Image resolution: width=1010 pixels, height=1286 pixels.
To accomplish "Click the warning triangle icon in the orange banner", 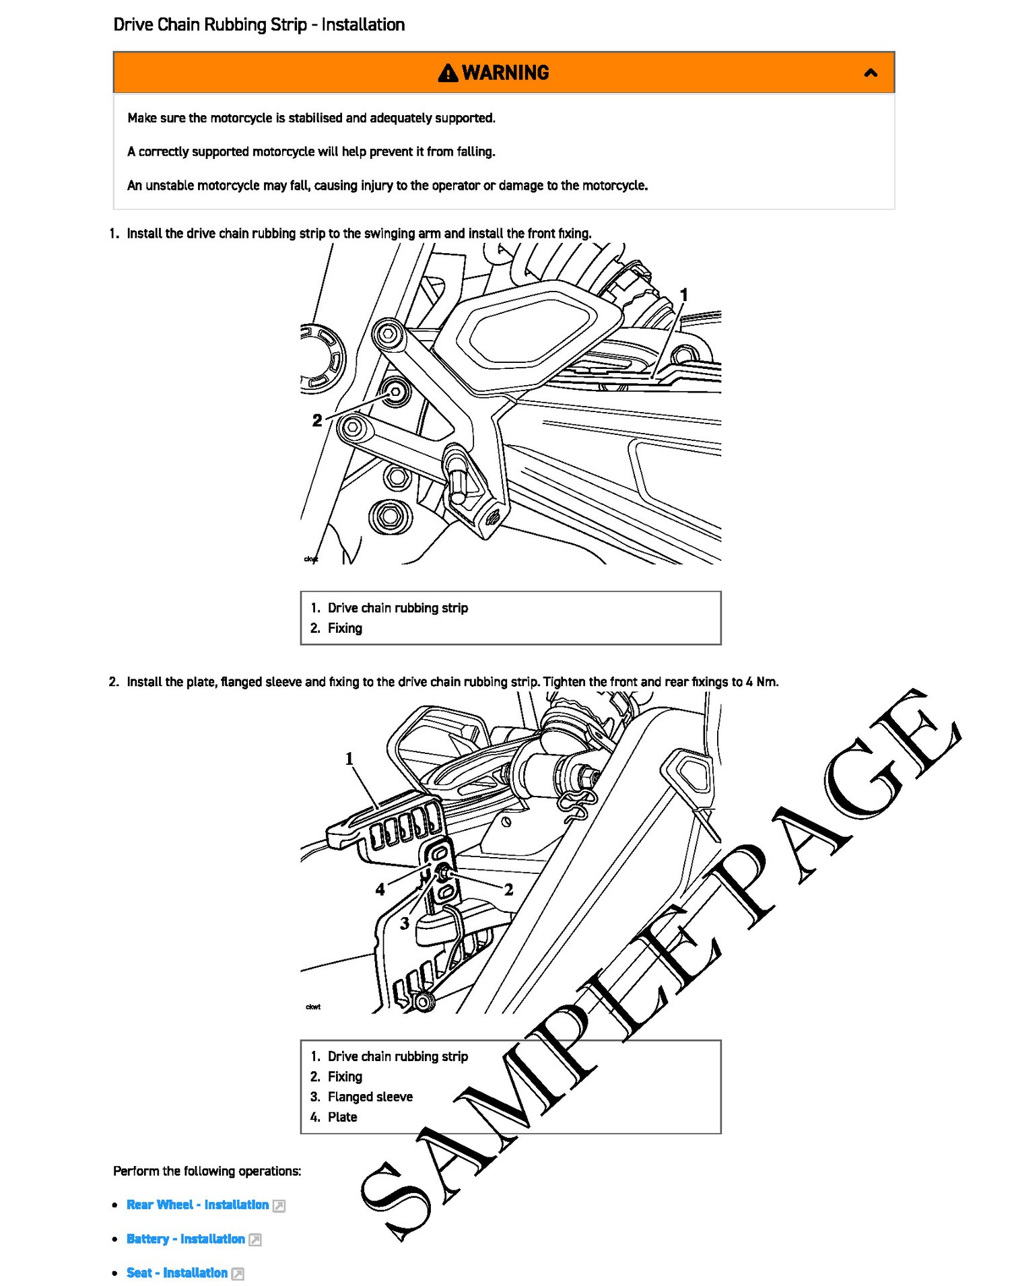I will [x=447, y=73].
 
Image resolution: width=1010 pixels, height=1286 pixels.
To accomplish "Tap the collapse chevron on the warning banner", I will [x=871, y=73].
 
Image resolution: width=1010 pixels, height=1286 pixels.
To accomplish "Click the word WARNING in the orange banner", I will [x=506, y=73].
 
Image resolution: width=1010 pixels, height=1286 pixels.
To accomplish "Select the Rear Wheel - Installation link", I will [x=197, y=1205].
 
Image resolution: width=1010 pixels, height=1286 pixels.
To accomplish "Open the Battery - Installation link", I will [x=185, y=1239].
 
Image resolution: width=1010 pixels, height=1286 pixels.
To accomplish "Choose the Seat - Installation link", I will [x=176, y=1273].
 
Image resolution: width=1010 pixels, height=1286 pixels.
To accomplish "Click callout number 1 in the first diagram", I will [x=683, y=295].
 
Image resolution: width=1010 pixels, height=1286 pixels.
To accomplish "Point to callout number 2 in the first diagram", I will [x=317, y=420].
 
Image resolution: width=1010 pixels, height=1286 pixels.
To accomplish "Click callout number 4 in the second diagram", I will [x=380, y=889].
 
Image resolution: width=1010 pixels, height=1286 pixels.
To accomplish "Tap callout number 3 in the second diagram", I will [x=405, y=923].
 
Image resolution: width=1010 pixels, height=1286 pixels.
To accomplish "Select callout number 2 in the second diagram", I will [x=509, y=889].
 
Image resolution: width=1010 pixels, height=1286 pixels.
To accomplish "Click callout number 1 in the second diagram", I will [x=349, y=759].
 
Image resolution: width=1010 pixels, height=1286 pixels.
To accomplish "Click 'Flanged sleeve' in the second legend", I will [x=370, y=1097].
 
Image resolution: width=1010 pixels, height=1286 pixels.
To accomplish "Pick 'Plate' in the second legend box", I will [x=342, y=1117].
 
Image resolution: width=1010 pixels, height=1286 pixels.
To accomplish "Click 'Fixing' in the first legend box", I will [x=345, y=628].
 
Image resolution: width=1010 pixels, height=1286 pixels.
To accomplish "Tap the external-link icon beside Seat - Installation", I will [x=238, y=1273].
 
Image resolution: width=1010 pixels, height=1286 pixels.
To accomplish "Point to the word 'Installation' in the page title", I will [x=363, y=25].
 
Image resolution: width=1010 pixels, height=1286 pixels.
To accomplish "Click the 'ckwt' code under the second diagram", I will [x=313, y=1007].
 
